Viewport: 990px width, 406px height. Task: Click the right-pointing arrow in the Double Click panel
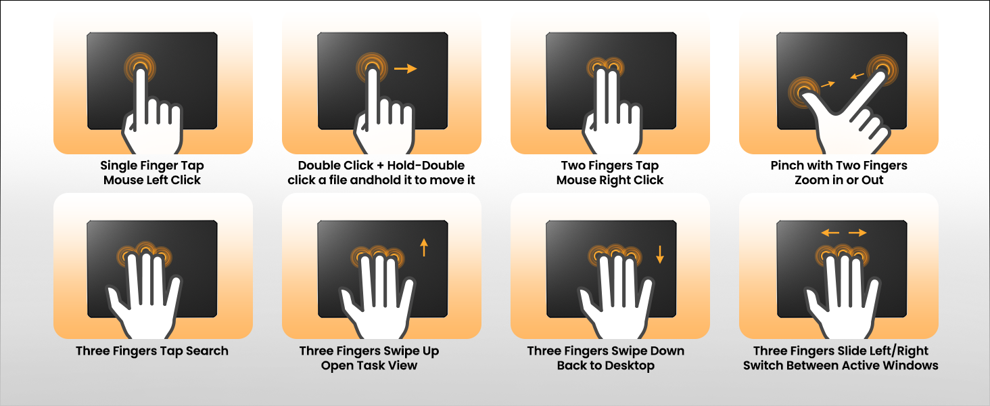(405, 68)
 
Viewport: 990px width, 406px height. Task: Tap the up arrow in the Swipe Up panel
(424, 247)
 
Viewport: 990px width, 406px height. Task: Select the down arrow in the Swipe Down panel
(660, 254)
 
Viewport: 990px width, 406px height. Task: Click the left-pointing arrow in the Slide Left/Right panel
(830, 233)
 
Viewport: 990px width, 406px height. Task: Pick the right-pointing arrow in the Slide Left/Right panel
(858, 233)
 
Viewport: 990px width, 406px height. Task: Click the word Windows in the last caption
(910, 365)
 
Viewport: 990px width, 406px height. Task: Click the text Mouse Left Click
(152, 180)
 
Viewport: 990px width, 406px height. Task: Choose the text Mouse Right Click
(610, 180)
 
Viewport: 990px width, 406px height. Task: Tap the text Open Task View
(369, 365)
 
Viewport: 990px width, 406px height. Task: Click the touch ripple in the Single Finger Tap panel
(140, 68)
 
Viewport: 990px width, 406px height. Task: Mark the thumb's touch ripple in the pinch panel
(804, 92)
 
